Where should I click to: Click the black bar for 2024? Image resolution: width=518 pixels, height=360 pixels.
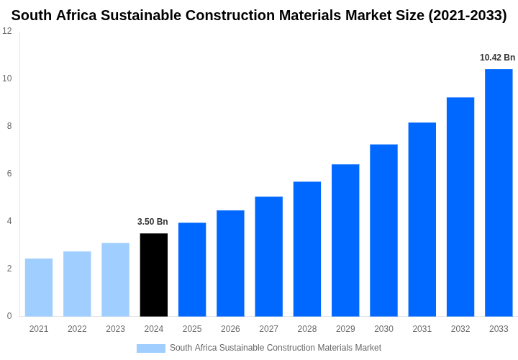pos(154,275)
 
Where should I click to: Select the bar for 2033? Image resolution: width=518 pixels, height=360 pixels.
pos(499,193)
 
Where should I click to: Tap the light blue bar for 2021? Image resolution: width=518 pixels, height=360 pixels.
pos(39,287)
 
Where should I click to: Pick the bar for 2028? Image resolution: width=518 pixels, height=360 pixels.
pos(307,249)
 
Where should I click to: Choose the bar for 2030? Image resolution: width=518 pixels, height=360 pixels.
pos(383,230)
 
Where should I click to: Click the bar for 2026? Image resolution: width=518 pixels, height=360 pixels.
pos(230,264)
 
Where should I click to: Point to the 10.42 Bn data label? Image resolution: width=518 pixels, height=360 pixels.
pos(497,58)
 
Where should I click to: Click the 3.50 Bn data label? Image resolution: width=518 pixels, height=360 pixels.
pos(153,222)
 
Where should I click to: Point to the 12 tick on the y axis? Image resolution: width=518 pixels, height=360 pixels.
pos(7,31)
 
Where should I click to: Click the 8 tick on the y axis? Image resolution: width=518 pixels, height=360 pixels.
pos(9,126)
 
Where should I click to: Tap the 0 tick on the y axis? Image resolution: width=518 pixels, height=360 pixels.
pos(9,316)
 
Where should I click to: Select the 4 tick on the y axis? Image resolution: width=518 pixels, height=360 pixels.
pos(9,221)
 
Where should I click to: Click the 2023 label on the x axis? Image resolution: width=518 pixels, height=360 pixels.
pos(115,329)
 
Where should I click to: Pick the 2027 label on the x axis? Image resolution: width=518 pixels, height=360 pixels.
pos(268,329)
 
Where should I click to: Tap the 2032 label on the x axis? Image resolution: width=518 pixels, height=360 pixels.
pos(460,329)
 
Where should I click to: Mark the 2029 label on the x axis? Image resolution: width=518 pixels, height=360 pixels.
pos(345,329)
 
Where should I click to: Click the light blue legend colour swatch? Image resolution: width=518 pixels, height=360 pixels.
pos(151,348)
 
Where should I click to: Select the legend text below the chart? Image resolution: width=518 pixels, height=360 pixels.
pos(276,348)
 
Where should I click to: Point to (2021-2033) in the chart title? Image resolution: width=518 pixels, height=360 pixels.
pos(467,15)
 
